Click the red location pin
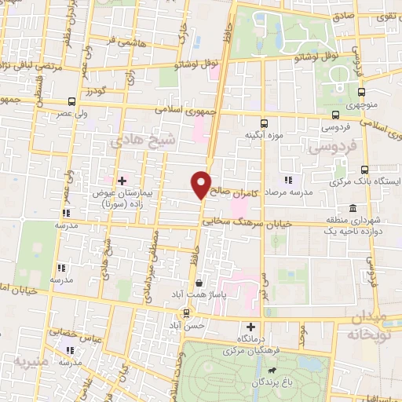point(202,185)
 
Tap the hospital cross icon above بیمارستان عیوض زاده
point(122,181)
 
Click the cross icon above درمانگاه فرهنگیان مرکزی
point(250,327)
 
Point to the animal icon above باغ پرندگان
point(271,370)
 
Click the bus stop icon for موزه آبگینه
point(264,122)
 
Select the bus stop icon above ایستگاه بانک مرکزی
point(364,170)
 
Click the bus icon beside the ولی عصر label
point(72,101)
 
